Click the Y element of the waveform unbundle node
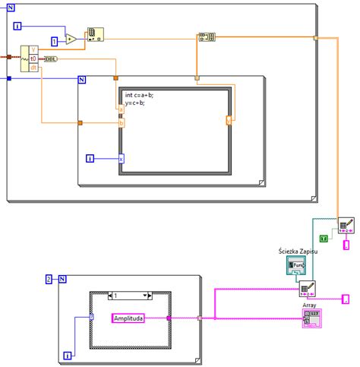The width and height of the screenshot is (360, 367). point(33,49)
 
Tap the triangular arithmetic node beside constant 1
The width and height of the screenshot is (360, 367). point(71,38)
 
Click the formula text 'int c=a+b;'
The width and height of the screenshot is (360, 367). point(141,95)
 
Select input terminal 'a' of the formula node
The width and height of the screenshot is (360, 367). point(120,109)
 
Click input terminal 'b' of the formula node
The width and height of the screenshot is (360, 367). point(120,122)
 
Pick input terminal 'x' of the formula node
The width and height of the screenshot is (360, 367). point(120,159)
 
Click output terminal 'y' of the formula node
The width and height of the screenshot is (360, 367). point(229,119)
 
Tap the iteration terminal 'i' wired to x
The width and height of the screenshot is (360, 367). point(90,158)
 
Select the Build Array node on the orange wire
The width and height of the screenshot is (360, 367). point(207,36)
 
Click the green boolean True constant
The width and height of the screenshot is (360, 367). point(323,239)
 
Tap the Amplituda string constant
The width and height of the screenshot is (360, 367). point(134,318)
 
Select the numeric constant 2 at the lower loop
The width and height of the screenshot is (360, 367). point(49,279)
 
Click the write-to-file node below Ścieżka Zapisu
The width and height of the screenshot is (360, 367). point(307,289)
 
